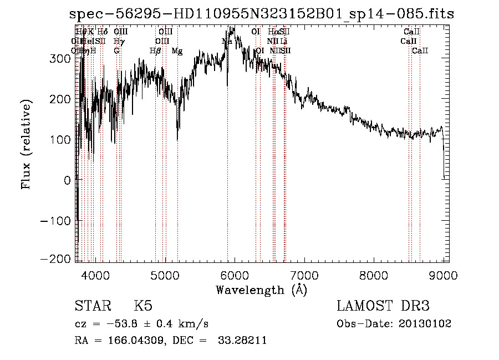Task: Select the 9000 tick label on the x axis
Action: [x=443, y=276]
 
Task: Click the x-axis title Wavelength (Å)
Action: [x=261, y=290]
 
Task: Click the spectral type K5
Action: [x=143, y=306]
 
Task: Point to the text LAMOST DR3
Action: [x=383, y=306]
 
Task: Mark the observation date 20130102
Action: [x=425, y=323]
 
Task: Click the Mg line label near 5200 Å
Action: [x=177, y=51]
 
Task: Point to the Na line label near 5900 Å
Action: [x=227, y=42]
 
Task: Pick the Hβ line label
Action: [x=155, y=51]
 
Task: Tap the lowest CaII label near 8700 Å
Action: [x=420, y=51]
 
